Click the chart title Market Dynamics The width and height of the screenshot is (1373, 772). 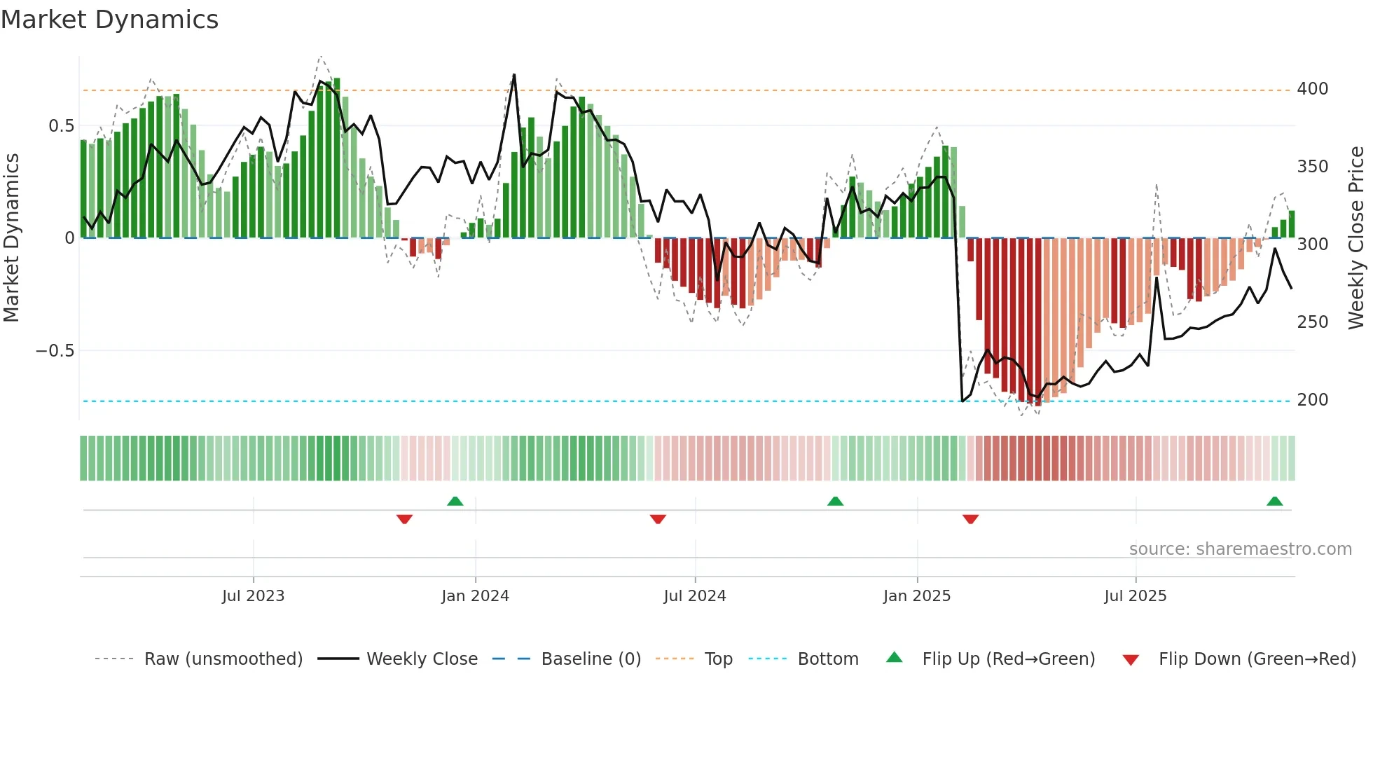(x=109, y=20)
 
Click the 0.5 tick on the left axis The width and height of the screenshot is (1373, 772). (x=61, y=126)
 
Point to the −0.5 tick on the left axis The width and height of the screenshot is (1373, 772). (x=55, y=351)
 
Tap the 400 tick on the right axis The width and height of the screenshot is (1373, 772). (x=1312, y=89)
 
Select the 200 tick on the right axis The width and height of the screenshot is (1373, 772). (x=1312, y=400)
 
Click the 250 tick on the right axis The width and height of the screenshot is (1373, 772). (x=1312, y=322)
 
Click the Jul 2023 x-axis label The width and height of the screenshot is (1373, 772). (x=253, y=596)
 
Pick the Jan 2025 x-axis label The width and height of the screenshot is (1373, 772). (x=916, y=596)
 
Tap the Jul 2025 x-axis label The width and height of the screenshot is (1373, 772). (x=1135, y=596)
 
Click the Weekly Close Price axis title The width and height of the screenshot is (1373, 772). (x=1356, y=238)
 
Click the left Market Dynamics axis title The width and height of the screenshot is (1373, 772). (x=12, y=238)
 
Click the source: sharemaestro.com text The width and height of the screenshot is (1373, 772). (x=1240, y=549)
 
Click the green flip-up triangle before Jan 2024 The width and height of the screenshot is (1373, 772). (x=455, y=501)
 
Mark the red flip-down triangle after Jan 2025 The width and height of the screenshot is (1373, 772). (x=970, y=519)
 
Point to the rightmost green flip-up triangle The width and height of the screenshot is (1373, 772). (x=1274, y=501)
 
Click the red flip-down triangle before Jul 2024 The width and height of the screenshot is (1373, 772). (x=658, y=519)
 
